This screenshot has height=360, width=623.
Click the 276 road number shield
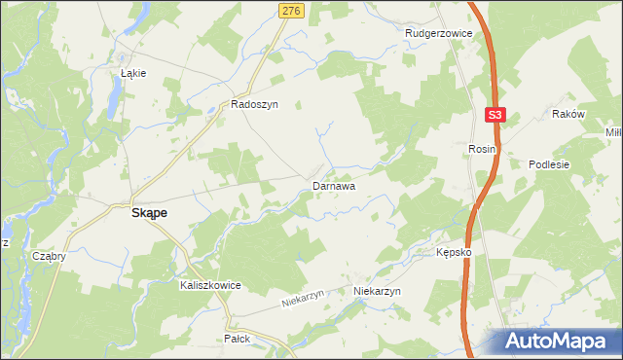(x=291, y=10)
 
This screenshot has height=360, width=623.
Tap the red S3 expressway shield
(x=495, y=115)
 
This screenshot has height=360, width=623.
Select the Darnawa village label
(x=333, y=185)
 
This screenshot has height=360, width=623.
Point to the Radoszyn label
(x=254, y=104)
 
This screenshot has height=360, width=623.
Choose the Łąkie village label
(x=132, y=73)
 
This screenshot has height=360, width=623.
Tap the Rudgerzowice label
(x=438, y=33)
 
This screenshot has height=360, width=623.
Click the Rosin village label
(x=482, y=149)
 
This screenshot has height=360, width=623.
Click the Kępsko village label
(x=454, y=252)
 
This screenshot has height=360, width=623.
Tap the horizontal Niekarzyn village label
(x=378, y=291)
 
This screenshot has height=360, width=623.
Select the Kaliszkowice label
(x=209, y=286)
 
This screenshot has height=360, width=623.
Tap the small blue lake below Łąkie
(x=116, y=95)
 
